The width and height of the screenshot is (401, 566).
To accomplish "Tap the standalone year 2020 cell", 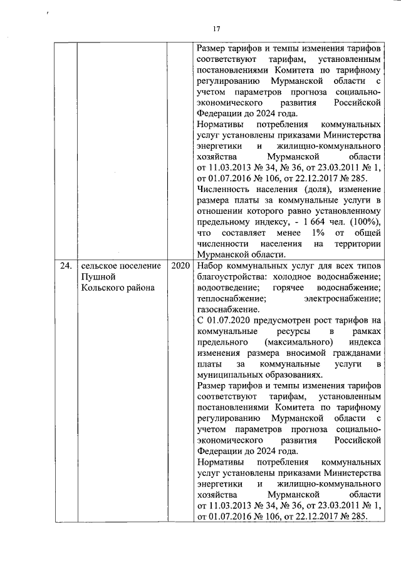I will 180,266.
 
